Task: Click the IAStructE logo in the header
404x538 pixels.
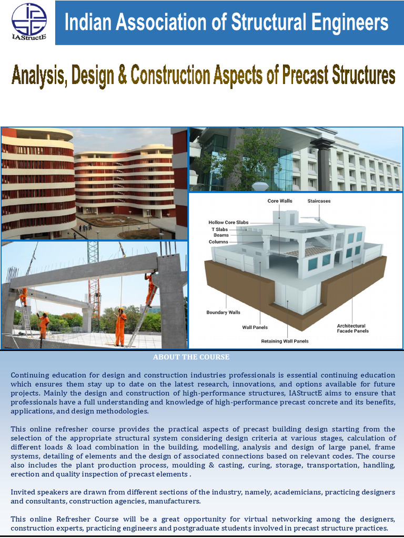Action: tap(29, 23)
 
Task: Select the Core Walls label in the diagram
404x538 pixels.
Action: tap(280, 201)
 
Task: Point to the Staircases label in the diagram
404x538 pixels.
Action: tap(319, 201)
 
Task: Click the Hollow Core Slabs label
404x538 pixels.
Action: tap(228, 222)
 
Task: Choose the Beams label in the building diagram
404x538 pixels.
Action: tap(221, 235)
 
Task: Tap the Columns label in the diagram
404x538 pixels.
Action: tap(218, 242)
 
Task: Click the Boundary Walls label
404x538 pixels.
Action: tap(223, 312)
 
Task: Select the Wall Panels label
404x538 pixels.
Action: tap(255, 327)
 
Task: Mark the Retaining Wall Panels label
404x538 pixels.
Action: tap(285, 341)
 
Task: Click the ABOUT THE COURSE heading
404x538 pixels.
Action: tap(191, 357)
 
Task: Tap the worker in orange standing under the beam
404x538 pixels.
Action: tap(120, 326)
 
